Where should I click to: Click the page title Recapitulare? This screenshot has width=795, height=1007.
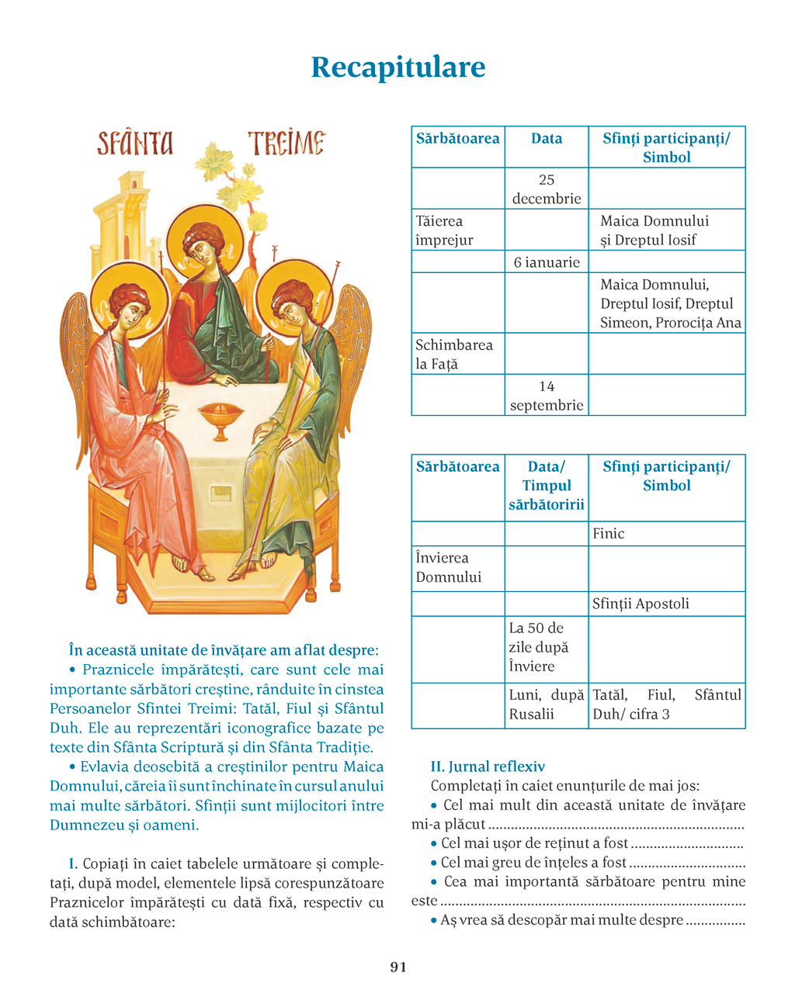click(397, 67)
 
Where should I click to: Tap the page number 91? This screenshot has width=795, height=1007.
click(397, 967)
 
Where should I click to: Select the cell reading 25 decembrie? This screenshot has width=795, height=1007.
click(547, 189)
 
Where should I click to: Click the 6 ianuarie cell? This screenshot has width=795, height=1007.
click(547, 262)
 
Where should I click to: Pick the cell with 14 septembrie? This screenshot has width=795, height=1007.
click(547, 396)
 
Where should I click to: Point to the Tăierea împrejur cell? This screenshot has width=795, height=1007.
click(457, 230)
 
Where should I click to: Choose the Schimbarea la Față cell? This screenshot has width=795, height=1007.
click(457, 354)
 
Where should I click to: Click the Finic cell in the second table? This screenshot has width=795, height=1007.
click(666, 534)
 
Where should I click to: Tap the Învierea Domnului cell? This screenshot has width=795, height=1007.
click(457, 567)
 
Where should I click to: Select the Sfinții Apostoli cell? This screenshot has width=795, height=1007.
click(666, 604)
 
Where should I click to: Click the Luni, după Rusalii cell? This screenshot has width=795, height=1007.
click(547, 704)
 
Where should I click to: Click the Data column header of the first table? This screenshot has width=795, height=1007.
click(547, 140)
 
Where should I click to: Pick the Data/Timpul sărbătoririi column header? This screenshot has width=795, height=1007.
click(547, 486)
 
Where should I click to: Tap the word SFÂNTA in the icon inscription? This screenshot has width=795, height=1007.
click(135, 144)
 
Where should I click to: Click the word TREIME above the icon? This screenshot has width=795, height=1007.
click(286, 143)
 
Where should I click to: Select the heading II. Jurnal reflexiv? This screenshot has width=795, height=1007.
click(488, 766)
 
